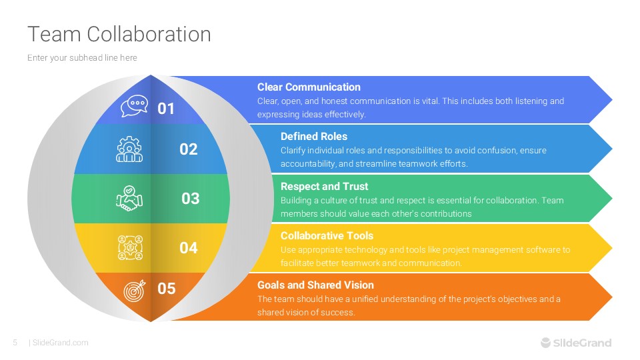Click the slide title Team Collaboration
tap(119, 34)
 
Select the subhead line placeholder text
tap(82, 58)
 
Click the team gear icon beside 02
tap(129, 149)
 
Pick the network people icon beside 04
tap(129, 247)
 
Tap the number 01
tap(166, 108)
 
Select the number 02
tap(189, 149)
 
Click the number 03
tap(191, 199)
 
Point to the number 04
tap(189, 248)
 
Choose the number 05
tap(167, 289)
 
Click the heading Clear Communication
tap(309, 87)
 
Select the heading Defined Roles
tap(313, 137)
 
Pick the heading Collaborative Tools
tap(327, 235)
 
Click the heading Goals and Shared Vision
tap(315, 285)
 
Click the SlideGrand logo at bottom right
tap(575, 343)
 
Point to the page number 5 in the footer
tap(15, 343)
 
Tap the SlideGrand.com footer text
tap(60, 343)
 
